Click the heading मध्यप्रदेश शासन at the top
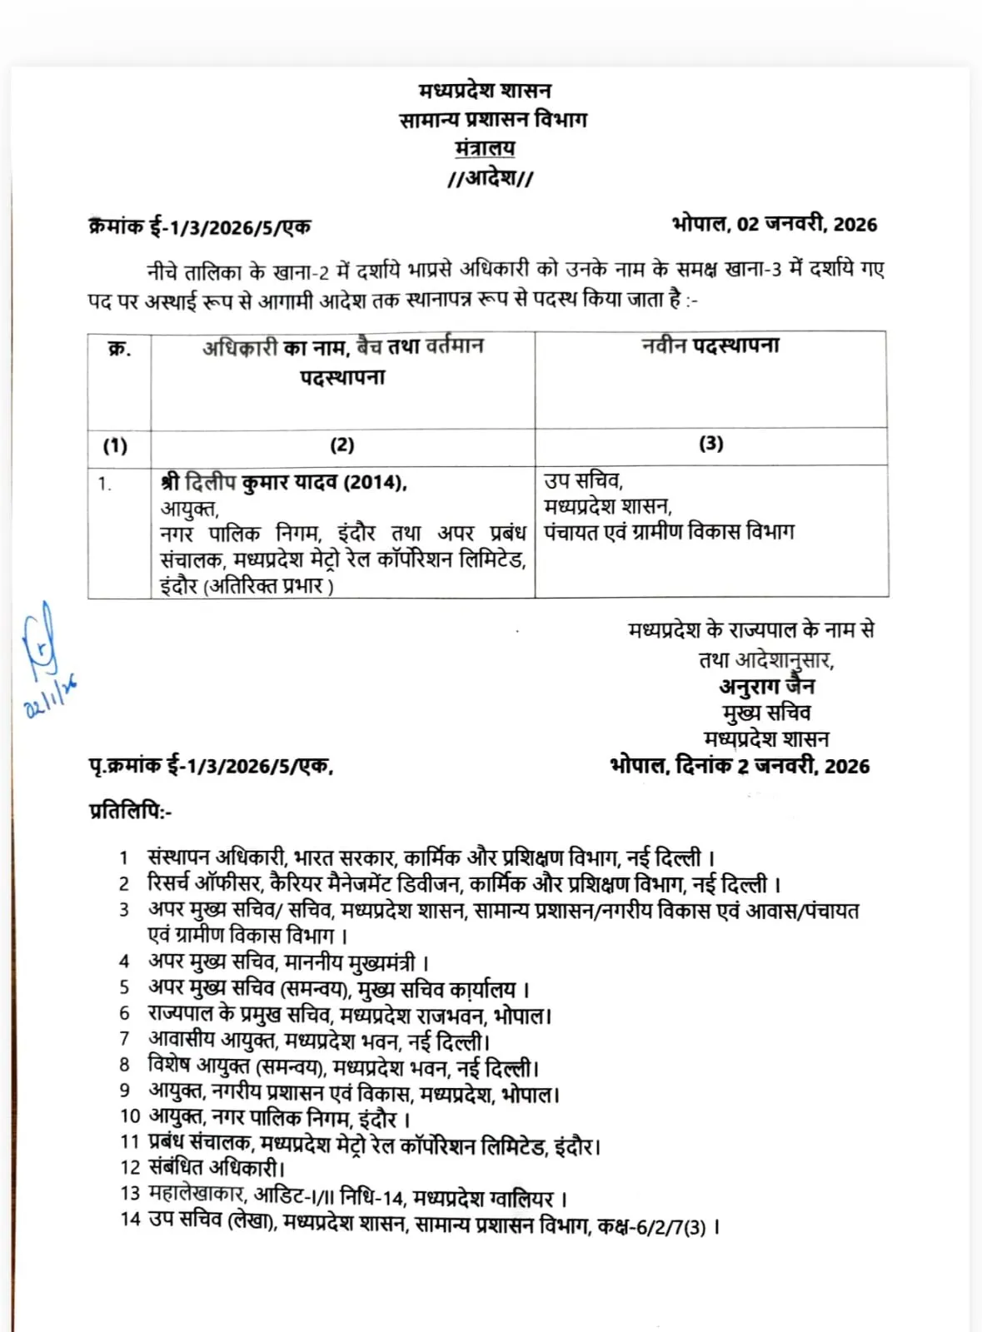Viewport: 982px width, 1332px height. point(484,91)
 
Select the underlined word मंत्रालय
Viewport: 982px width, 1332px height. point(485,148)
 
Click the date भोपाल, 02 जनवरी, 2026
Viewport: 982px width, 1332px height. point(774,224)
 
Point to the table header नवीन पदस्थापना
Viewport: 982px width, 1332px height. point(710,346)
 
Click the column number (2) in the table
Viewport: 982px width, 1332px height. point(342,445)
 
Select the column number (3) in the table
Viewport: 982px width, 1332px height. point(710,444)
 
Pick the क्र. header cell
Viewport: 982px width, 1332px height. point(119,349)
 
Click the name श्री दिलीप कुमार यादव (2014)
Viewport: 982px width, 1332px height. point(283,483)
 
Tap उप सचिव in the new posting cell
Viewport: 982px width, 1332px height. point(583,480)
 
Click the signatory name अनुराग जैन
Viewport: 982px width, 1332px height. point(767,687)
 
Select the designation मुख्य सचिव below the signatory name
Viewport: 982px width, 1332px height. point(767,713)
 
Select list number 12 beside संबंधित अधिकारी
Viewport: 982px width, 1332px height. point(130,1168)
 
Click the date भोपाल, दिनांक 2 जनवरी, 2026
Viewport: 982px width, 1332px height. point(740,766)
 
